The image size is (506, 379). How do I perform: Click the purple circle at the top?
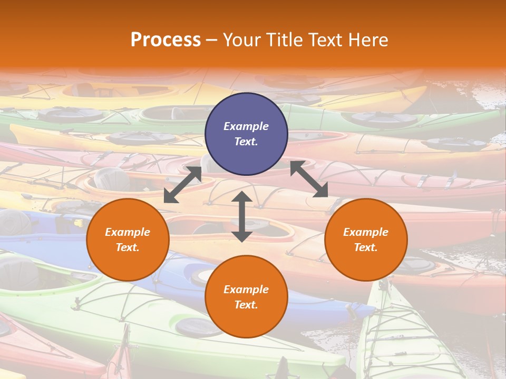(x=246, y=134)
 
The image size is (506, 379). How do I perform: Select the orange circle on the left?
(x=128, y=240)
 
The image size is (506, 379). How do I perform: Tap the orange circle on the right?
(x=366, y=240)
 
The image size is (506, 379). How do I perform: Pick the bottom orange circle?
(x=246, y=297)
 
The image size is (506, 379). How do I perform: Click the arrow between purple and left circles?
(x=182, y=185)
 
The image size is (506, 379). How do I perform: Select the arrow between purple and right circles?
(x=309, y=179)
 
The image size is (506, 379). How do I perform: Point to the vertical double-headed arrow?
(x=242, y=216)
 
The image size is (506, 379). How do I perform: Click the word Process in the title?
(x=166, y=40)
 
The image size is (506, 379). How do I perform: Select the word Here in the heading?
(x=369, y=40)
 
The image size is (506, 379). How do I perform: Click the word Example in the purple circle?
(x=246, y=126)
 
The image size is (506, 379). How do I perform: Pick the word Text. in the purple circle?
(x=246, y=142)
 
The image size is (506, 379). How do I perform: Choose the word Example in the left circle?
(x=128, y=232)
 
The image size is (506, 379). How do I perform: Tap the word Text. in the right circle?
(x=366, y=247)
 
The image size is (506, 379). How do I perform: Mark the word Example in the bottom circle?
(x=246, y=290)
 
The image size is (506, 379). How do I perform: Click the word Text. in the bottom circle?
(x=246, y=305)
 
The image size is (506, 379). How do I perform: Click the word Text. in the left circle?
(x=128, y=247)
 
